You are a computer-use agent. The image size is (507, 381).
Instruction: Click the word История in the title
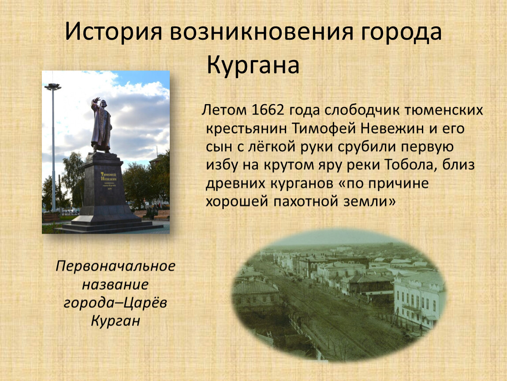click(113, 32)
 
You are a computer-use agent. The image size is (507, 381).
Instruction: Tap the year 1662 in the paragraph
click(267, 110)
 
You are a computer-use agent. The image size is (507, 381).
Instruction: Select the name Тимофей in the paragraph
click(324, 128)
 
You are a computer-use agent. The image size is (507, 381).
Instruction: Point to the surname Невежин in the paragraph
click(392, 128)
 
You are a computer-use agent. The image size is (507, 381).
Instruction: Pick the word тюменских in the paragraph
click(444, 110)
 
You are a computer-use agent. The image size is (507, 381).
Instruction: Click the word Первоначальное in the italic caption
click(116, 266)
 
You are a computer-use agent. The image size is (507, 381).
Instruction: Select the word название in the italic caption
click(116, 284)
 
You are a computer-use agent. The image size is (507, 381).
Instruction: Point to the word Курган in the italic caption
click(116, 321)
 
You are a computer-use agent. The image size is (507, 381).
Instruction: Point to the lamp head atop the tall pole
click(53, 86)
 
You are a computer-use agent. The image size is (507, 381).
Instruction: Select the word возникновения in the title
click(261, 32)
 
